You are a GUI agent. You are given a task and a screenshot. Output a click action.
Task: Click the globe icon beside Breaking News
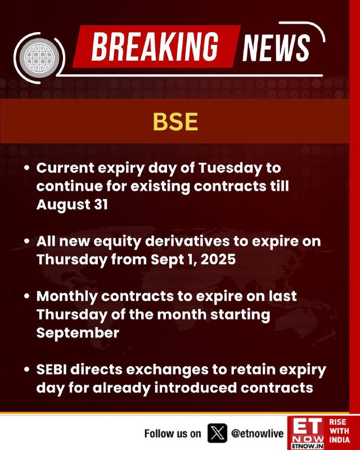39,58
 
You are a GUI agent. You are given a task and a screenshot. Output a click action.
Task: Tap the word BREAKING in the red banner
155,47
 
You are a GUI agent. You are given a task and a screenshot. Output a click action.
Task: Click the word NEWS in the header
276,47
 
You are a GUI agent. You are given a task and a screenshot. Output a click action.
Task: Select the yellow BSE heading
175,121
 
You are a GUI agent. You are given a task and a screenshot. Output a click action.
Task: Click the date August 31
72,205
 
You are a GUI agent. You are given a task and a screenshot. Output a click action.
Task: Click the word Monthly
67,297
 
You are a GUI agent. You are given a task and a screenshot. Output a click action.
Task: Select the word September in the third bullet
78,333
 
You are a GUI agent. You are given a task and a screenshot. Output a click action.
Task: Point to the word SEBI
51,370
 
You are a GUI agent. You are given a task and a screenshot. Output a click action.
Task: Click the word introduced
196,388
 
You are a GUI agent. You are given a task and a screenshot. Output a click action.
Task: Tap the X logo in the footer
217,433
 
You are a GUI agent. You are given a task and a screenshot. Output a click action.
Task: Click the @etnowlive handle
257,433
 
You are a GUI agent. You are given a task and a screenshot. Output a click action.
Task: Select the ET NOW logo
307,433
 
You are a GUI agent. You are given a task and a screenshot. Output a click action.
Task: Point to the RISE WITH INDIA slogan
339,431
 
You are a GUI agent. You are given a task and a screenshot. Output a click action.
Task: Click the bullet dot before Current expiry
27,168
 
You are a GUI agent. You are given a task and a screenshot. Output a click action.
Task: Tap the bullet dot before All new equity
27,241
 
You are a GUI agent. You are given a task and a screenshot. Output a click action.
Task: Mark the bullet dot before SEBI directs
27,370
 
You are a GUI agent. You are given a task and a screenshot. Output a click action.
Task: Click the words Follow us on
173,433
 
